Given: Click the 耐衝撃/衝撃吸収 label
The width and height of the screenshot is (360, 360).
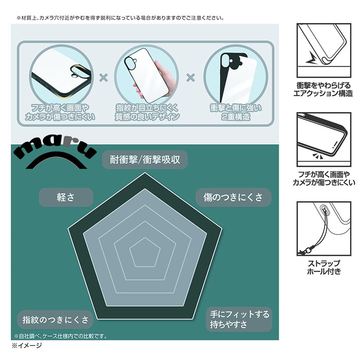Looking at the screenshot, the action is pos(145,159).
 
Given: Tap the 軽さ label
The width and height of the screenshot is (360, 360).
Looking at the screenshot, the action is pos(66,197).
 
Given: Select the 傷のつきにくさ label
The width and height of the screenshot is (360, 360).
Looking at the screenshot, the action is pos(233,197).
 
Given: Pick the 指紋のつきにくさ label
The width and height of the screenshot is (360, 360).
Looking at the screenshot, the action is pos(55,319).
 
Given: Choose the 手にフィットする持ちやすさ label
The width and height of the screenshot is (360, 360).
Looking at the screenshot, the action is pos(239,319).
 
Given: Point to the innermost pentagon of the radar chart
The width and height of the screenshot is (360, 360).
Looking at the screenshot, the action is pos(145,253).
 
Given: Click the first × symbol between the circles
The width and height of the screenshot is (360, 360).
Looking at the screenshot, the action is pos(103,78).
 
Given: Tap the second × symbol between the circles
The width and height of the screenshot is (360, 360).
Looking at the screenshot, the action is pos(191,78).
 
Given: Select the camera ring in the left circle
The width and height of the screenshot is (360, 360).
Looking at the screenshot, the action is pos(80,71).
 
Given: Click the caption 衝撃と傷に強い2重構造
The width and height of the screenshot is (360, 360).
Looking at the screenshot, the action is pos(236,112).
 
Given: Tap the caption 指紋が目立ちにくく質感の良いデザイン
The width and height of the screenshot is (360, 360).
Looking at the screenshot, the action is pos(147,112).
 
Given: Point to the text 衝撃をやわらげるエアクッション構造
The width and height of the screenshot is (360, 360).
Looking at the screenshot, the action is pos(323,89).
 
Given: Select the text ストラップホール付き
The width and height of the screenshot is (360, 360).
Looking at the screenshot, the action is pos(324,267).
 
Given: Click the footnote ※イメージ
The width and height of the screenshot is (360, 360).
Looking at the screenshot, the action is pos(27,345).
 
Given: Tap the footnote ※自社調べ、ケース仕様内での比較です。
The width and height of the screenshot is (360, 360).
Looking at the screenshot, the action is pos(60,336).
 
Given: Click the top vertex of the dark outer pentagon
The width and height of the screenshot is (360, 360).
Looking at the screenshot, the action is pos(145,173).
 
